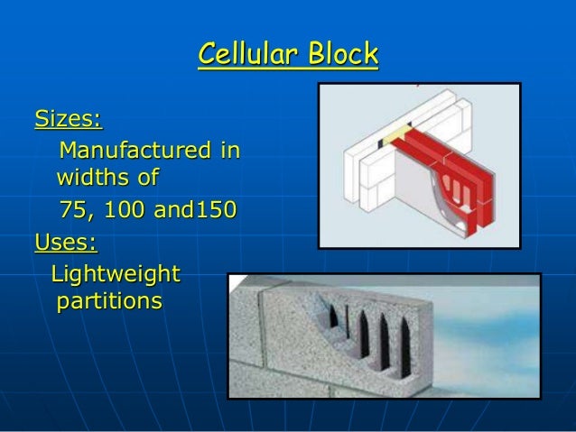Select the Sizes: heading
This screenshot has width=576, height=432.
[x=68, y=118]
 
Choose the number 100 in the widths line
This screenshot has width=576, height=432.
[x=124, y=212]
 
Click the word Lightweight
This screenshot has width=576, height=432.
[x=116, y=273]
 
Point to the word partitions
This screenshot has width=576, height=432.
[x=110, y=299]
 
